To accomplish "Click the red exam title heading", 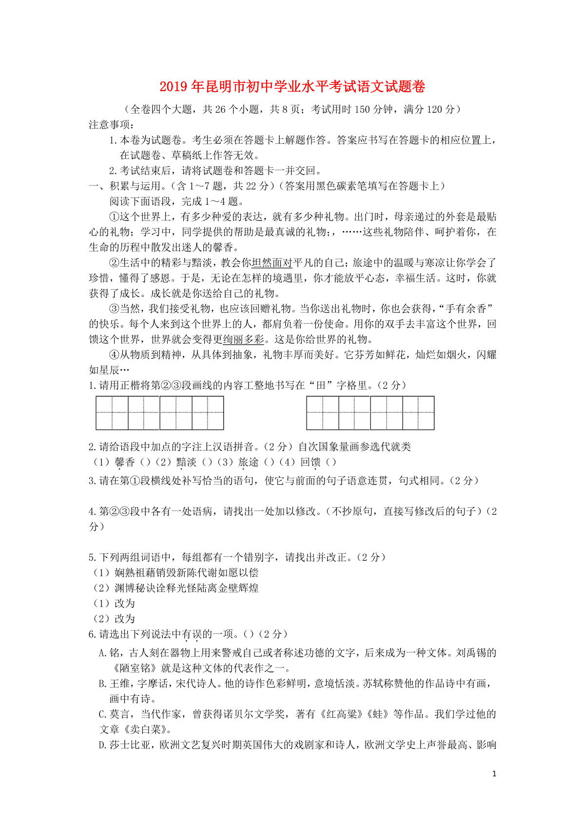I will tap(292, 87).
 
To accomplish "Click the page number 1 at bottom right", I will tap(494, 773).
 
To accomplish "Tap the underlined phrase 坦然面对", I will tap(272, 263).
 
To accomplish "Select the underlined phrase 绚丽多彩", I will tap(243, 339).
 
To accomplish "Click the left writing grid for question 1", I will tap(160, 413).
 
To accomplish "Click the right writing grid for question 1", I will tap(370, 413).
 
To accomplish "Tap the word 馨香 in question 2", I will tap(125, 462).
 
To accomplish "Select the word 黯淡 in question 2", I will tap(186, 462).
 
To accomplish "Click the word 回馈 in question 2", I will tap(310, 462).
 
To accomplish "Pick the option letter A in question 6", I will tap(102, 653).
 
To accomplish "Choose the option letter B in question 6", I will tap(102, 684).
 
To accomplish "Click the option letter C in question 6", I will tap(102, 714).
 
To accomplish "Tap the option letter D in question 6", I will tap(102, 745).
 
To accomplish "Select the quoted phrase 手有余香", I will tap(467, 309).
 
